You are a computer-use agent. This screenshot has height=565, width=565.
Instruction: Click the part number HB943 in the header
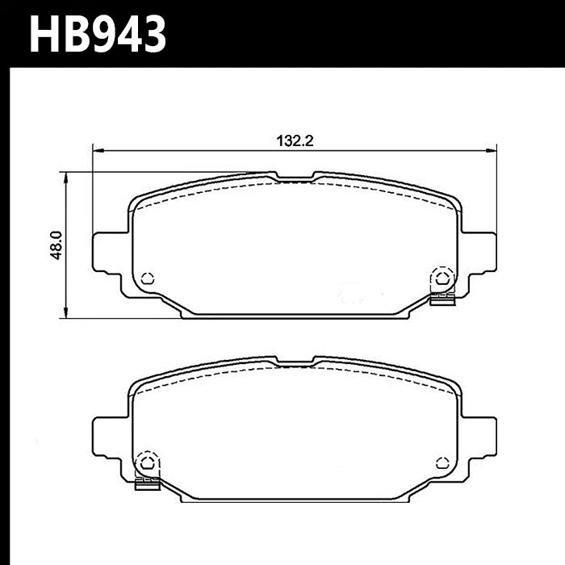pyautogui.click(x=98, y=35)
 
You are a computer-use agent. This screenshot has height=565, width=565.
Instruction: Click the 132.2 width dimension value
pyautogui.click(x=295, y=140)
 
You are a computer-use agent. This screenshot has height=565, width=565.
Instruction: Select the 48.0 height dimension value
pyautogui.click(x=56, y=245)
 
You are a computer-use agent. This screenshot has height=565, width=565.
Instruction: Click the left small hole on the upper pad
pyautogui.click(x=147, y=278)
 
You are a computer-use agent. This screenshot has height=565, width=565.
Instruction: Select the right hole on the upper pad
pyautogui.click(x=442, y=278)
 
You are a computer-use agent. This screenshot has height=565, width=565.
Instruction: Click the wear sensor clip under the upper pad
pyautogui.click(x=443, y=300)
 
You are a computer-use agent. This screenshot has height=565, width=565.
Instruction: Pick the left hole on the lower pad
pyautogui.click(x=147, y=462)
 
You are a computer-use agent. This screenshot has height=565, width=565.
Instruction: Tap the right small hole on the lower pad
pyautogui.click(x=442, y=462)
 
